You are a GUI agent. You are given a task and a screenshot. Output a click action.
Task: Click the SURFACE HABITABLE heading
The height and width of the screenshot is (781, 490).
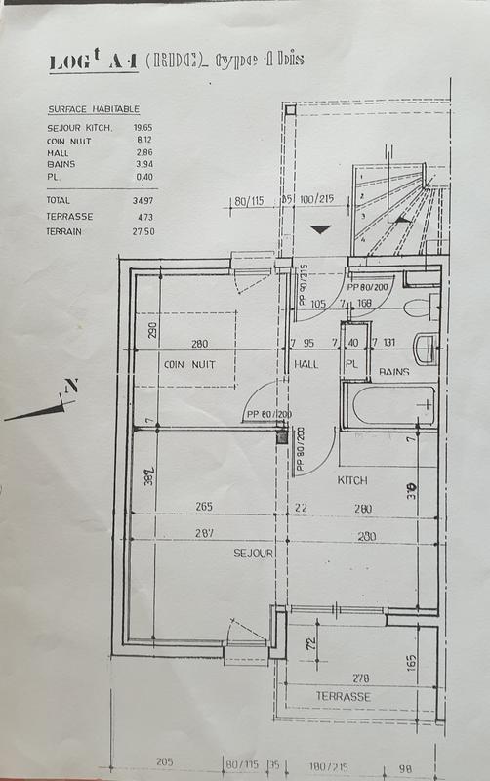93,110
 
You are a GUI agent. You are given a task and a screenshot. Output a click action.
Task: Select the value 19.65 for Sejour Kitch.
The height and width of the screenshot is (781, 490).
144,128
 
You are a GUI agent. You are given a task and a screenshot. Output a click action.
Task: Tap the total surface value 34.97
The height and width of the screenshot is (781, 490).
143,199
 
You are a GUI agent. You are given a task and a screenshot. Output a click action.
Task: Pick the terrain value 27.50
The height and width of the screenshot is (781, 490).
143,231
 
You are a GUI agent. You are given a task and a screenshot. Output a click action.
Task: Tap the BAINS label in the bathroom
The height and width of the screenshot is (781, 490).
394,371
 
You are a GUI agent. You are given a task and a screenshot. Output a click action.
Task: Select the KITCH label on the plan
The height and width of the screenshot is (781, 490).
352,481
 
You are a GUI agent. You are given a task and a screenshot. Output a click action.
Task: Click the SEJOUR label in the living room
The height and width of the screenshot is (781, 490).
251,553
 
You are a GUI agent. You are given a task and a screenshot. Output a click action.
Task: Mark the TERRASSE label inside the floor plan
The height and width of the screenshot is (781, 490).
343,696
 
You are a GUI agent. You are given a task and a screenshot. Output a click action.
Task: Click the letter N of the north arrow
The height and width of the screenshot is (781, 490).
70,387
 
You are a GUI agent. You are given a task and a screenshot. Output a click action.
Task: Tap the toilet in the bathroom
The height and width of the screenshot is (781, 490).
418,306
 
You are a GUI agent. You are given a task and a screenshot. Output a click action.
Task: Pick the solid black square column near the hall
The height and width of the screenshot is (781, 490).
283,438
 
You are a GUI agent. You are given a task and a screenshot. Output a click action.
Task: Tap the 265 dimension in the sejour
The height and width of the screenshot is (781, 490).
204,507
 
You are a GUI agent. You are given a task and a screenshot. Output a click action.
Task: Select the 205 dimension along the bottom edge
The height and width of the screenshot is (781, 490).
162,765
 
